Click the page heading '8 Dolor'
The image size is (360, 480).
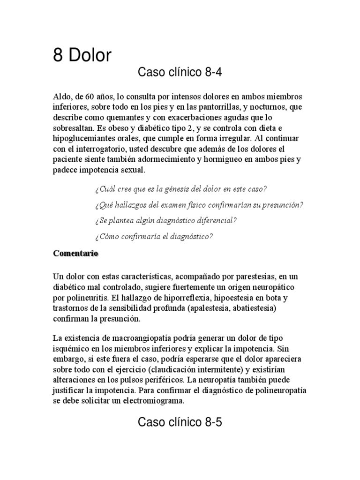point(82,56)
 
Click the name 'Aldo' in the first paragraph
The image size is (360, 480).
point(61,97)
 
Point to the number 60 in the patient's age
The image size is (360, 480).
point(90,97)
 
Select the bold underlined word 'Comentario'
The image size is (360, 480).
point(75,253)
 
